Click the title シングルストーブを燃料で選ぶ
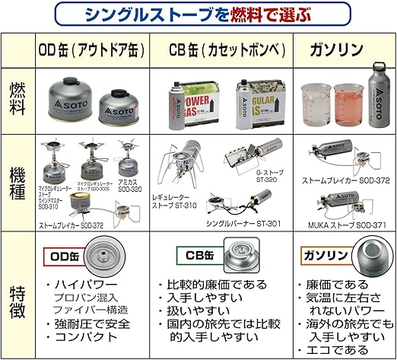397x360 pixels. pyautogui.click(x=198, y=14)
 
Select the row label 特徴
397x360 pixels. pyautogui.click(x=18, y=295)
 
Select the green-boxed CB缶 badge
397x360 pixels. pyautogui.click(x=196, y=253)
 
